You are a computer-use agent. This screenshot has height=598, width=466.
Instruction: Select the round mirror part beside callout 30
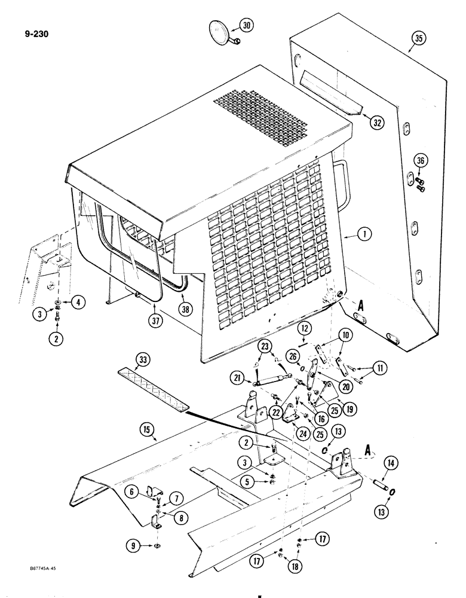pyautogui.click(x=220, y=32)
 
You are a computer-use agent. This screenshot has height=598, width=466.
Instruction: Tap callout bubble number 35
pyautogui.click(x=418, y=39)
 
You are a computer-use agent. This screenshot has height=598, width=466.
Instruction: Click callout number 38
pyautogui.click(x=186, y=309)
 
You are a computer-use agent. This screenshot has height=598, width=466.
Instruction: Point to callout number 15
pyautogui.click(x=145, y=429)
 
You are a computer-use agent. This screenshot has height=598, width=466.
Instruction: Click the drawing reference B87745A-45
pyautogui.click(x=29, y=579)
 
